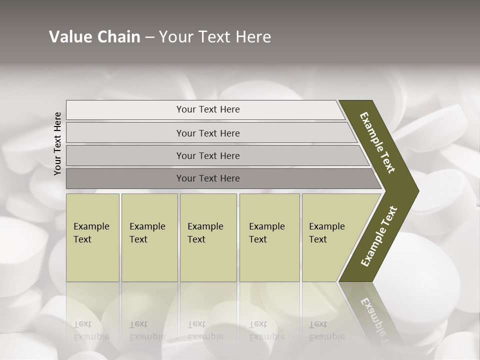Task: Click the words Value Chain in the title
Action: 94,37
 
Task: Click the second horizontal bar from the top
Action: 208,133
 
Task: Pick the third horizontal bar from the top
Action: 208,155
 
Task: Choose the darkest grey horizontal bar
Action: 208,178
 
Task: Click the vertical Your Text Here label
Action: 57,143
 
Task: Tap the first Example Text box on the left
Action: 92,237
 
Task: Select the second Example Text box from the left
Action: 149,237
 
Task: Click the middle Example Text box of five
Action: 208,237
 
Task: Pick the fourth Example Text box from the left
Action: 269,237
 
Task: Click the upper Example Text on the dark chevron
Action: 378,142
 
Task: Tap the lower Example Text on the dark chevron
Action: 379,236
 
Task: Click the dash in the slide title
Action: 149,37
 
